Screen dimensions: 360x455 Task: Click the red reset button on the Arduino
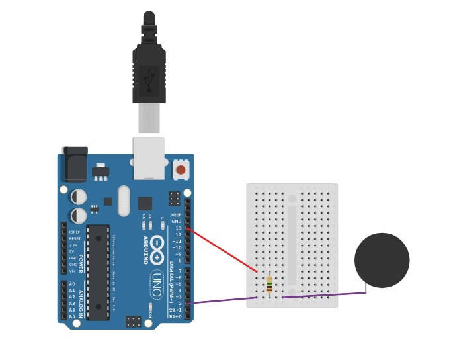tap(180, 170)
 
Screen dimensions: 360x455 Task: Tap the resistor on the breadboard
tap(269, 286)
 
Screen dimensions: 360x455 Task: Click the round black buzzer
tap(382, 260)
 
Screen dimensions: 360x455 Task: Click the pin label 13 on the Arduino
tap(177, 228)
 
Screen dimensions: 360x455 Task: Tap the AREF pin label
tap(175, 215)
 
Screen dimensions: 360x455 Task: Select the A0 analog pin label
tap(71, 283)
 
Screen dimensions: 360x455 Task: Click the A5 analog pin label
tap(71, 316)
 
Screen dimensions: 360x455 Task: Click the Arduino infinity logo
tap(158, 249)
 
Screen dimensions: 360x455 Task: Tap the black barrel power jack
tap(75, 163)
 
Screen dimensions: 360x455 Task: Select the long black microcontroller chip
tap(98, 271)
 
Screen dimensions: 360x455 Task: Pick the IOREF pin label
tap(75, 232)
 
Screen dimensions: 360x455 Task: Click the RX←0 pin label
tap(175, 316)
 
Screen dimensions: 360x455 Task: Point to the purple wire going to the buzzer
tap(324, 295)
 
